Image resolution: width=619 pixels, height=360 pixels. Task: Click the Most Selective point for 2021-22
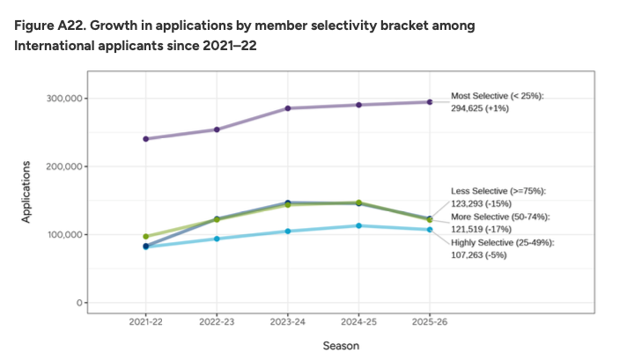145,139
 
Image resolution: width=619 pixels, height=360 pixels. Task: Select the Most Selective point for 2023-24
288,108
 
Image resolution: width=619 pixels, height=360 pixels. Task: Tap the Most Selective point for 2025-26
430,102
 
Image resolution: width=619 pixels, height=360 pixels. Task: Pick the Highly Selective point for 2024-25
358,226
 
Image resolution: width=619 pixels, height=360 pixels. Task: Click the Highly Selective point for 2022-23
217,239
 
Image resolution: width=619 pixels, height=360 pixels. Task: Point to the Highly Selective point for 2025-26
430,230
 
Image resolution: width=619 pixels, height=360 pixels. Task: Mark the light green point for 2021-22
145,237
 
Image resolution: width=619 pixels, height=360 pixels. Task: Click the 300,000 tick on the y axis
65,99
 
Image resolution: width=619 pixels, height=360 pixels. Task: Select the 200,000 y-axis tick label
65,166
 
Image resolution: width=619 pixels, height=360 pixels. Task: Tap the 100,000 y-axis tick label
65,235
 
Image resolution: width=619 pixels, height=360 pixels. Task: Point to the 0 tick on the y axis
80,303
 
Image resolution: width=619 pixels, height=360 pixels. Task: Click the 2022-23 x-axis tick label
217,322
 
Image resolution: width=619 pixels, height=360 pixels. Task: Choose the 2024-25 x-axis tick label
358,322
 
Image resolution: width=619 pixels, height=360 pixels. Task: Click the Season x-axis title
340,346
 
